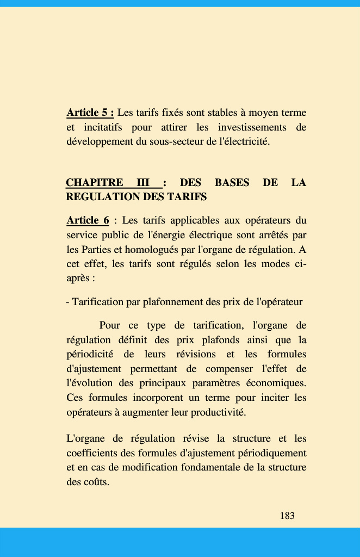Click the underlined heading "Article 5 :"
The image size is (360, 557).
[x=90, y=113]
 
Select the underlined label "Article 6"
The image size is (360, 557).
[x=88, y=220]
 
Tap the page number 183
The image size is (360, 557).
[x=287, y=516]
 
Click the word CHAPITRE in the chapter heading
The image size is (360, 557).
[x=94, y=183]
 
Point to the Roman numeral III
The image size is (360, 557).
[x=143, y=183]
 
